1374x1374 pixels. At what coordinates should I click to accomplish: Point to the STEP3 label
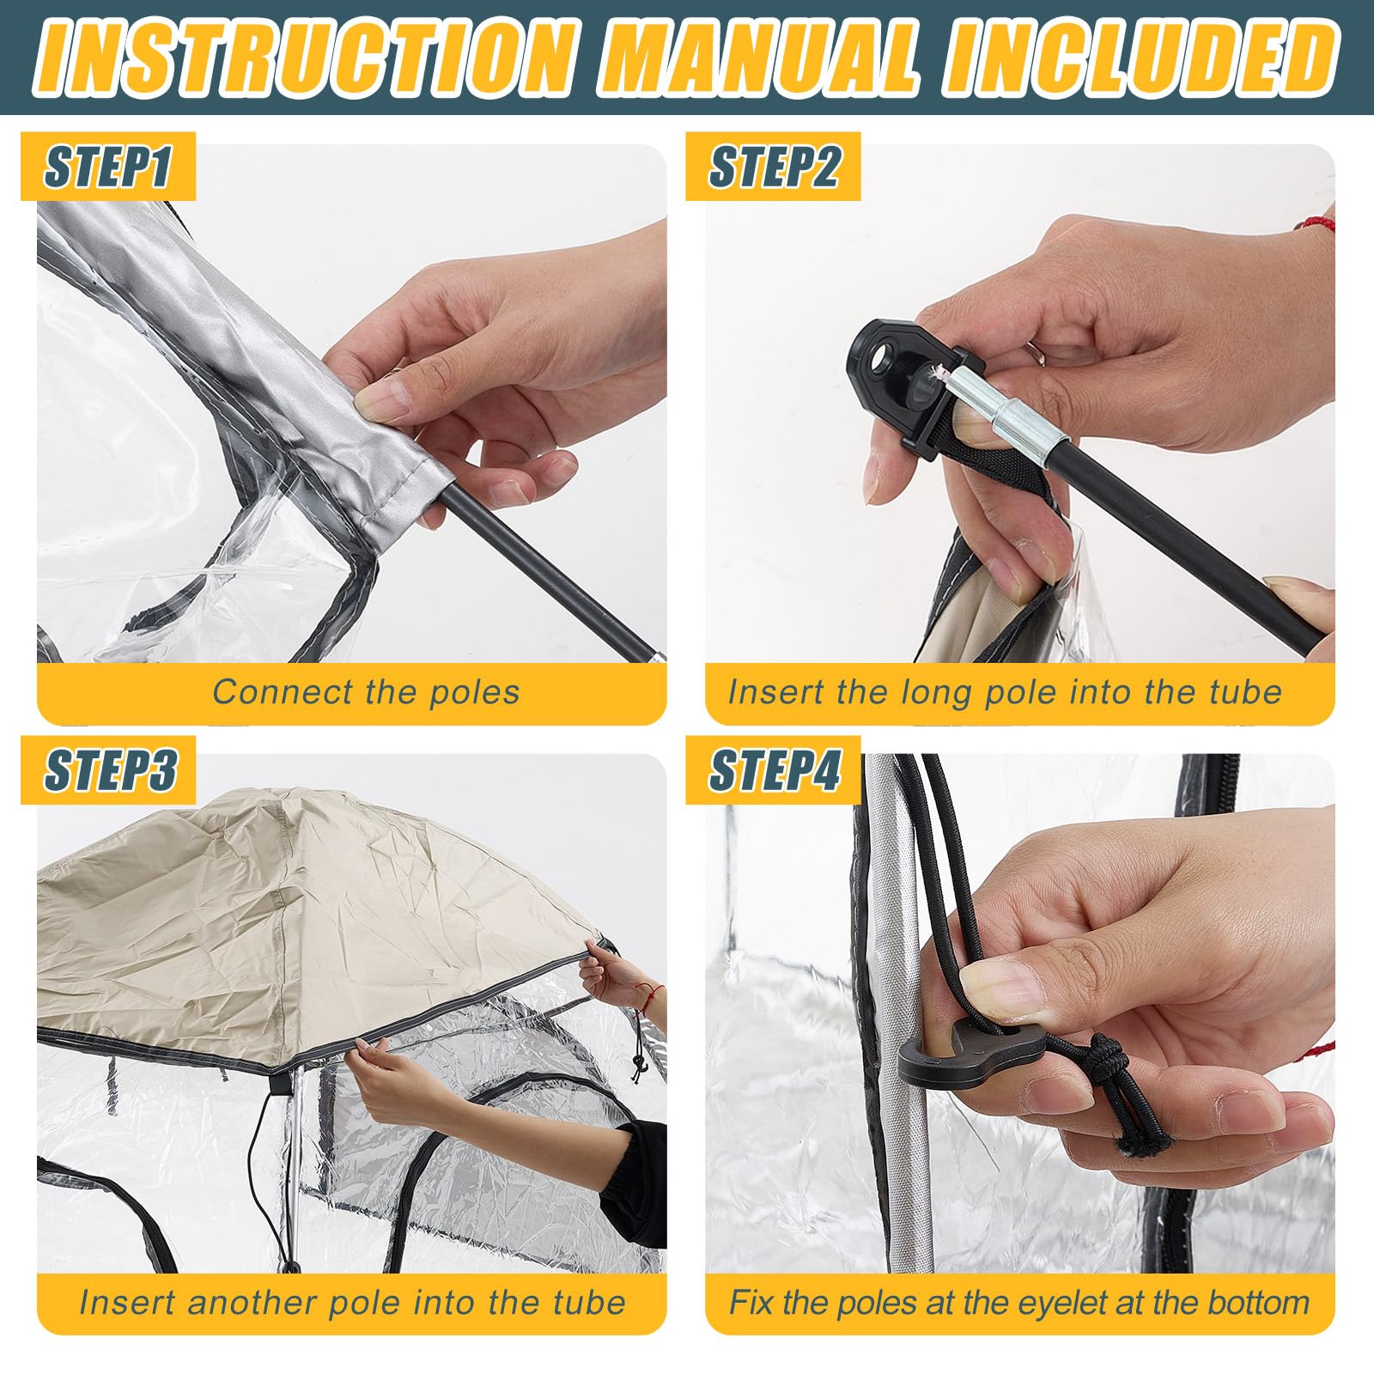[x=109, y=769]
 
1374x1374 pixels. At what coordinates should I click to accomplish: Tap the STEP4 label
[x=774, y=769]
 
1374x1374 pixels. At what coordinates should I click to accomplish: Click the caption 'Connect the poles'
[x=366, y=692]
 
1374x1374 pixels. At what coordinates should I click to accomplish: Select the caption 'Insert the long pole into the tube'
[x=1005, y=692]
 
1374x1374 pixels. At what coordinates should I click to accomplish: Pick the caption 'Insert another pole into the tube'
[x=352, y=1303]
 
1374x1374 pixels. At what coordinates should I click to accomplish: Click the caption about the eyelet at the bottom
[x=1019, y=1303]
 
